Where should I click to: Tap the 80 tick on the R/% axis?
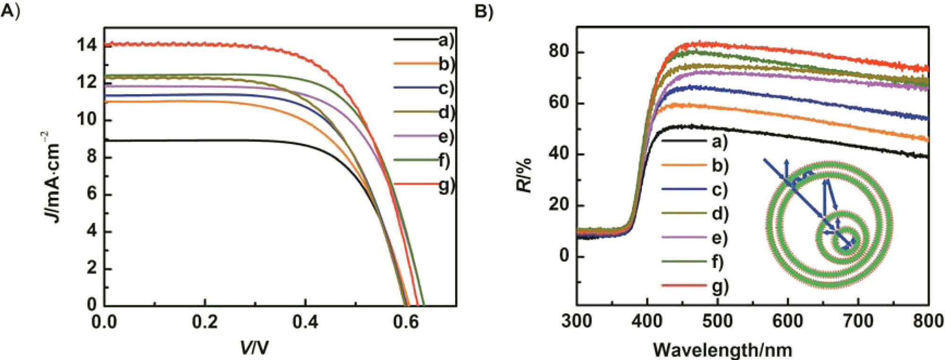558,52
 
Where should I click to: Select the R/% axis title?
524,175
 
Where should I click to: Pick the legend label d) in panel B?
720,214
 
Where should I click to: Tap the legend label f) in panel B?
718,262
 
